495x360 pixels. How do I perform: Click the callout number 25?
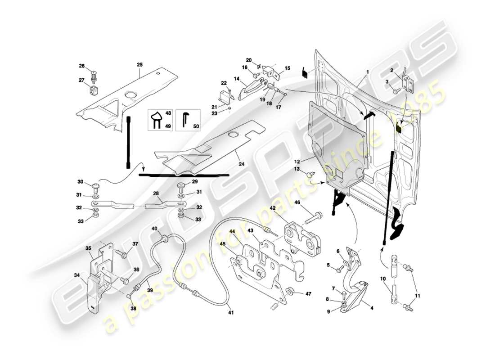tap(139, 65)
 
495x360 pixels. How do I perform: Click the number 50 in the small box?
tap(196, 127)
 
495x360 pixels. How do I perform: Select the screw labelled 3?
tap(396, 90)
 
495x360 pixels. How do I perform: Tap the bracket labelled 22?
tap(224, 97)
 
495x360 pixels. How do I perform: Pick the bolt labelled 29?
tap(182, 186)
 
